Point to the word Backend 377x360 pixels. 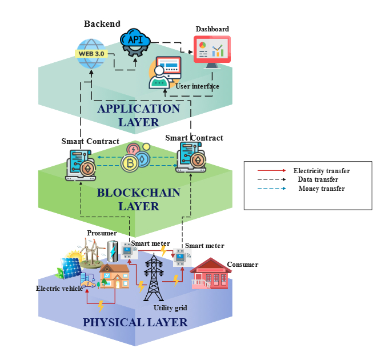tap(102, 24)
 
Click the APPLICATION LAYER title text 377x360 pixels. tap(139, 115)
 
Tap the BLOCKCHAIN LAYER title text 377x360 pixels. tap(138, 199)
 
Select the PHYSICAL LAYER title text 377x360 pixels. tap(135, 322)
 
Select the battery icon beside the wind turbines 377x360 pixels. tap(113, 250)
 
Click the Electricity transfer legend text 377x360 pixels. tap(321, 171)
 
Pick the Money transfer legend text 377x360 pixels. tap(321, 189)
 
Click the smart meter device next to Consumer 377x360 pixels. tap(180, 258)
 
